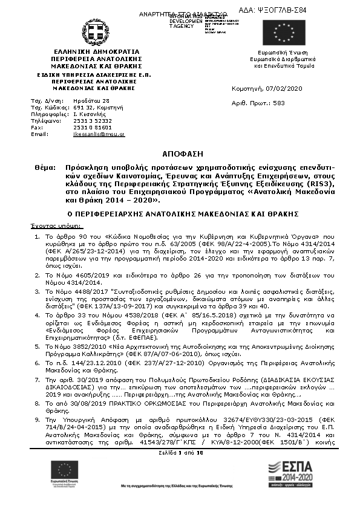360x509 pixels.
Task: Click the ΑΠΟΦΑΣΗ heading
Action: (x=179, y=154)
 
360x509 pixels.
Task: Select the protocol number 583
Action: (x=279, y=103)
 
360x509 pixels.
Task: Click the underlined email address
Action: (x=99, y=134)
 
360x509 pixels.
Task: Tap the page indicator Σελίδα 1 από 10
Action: (x=180, y=452)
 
